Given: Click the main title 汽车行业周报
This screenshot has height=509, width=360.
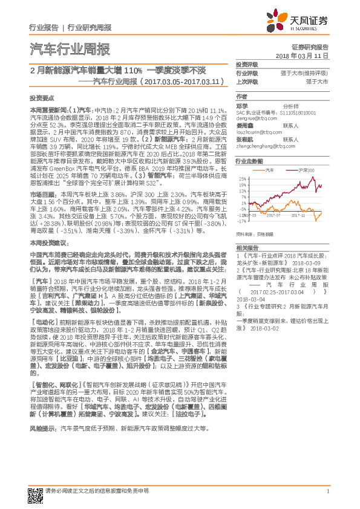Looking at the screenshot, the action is tap(70, 50).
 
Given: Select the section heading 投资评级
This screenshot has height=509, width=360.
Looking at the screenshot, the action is tap(247, 65).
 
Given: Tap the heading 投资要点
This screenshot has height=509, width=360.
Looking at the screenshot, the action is tap(41, 97).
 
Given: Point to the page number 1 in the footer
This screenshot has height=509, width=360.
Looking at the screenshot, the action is tap(327, 490).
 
